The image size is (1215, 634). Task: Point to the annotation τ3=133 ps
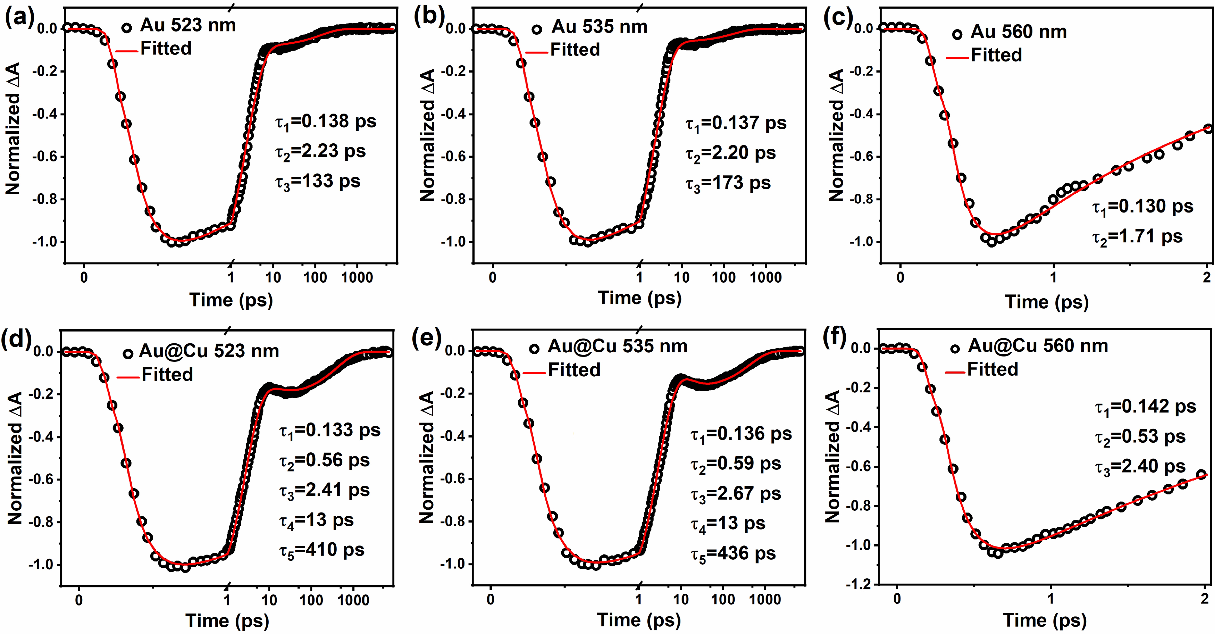318,182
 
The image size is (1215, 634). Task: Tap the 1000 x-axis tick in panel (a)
357,277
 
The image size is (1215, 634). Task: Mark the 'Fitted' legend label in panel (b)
575,49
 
